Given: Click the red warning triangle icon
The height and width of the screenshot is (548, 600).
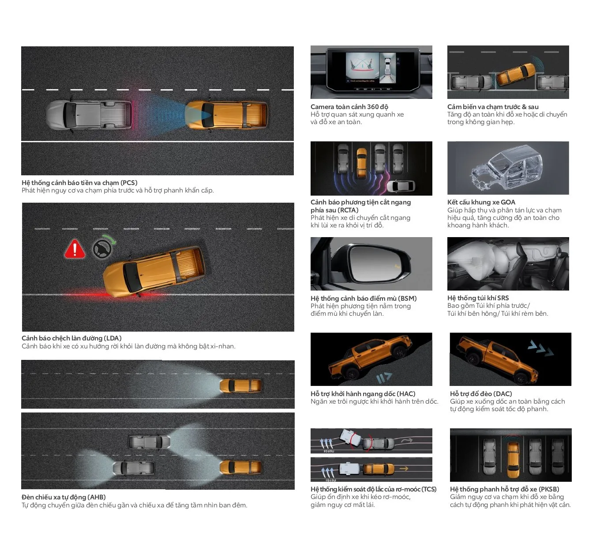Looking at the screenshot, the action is click(x=75, y=249).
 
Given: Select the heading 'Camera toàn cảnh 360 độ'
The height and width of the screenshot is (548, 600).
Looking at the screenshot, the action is click(x=349, y=106).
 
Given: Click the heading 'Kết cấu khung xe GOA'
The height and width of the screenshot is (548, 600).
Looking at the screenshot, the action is click(x=481, y=202).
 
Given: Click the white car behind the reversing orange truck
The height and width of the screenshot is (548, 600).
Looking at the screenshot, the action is click(x=401, y=186).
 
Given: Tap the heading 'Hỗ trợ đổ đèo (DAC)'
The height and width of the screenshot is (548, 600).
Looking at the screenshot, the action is click(x=480, y=393).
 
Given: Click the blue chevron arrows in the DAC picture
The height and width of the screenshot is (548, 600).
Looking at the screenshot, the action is click(x=540, y=348).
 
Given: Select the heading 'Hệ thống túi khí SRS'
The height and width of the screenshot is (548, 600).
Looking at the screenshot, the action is click(x=478, y=298).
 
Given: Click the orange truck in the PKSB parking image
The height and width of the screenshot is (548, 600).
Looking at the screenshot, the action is click(x=513, y=460).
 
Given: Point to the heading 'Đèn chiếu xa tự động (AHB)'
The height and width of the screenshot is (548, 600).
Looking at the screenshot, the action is click(x=64, y=497).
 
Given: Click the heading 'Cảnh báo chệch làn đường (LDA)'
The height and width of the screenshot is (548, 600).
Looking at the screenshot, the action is click(x=71, y=338).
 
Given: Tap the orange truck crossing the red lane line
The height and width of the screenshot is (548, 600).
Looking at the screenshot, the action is click(x=154, y=271).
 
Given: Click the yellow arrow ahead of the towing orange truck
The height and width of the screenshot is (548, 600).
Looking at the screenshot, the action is click(x=404, y=469).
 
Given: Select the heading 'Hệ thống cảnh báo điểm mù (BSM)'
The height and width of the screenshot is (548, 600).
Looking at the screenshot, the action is click(x=364, y=298).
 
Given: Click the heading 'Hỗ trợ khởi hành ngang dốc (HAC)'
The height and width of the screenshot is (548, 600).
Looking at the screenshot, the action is click(x=363, y=393).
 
